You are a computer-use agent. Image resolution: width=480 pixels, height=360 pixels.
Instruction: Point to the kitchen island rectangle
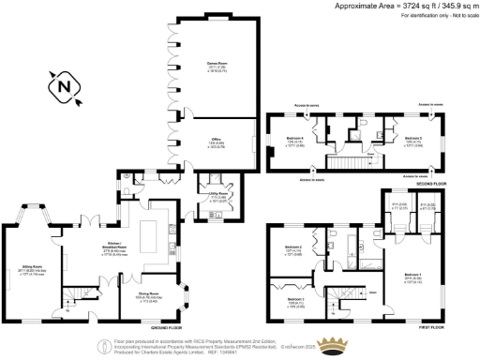[147, 232]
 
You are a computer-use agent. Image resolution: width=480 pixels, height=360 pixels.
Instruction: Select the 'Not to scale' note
[458, 15]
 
